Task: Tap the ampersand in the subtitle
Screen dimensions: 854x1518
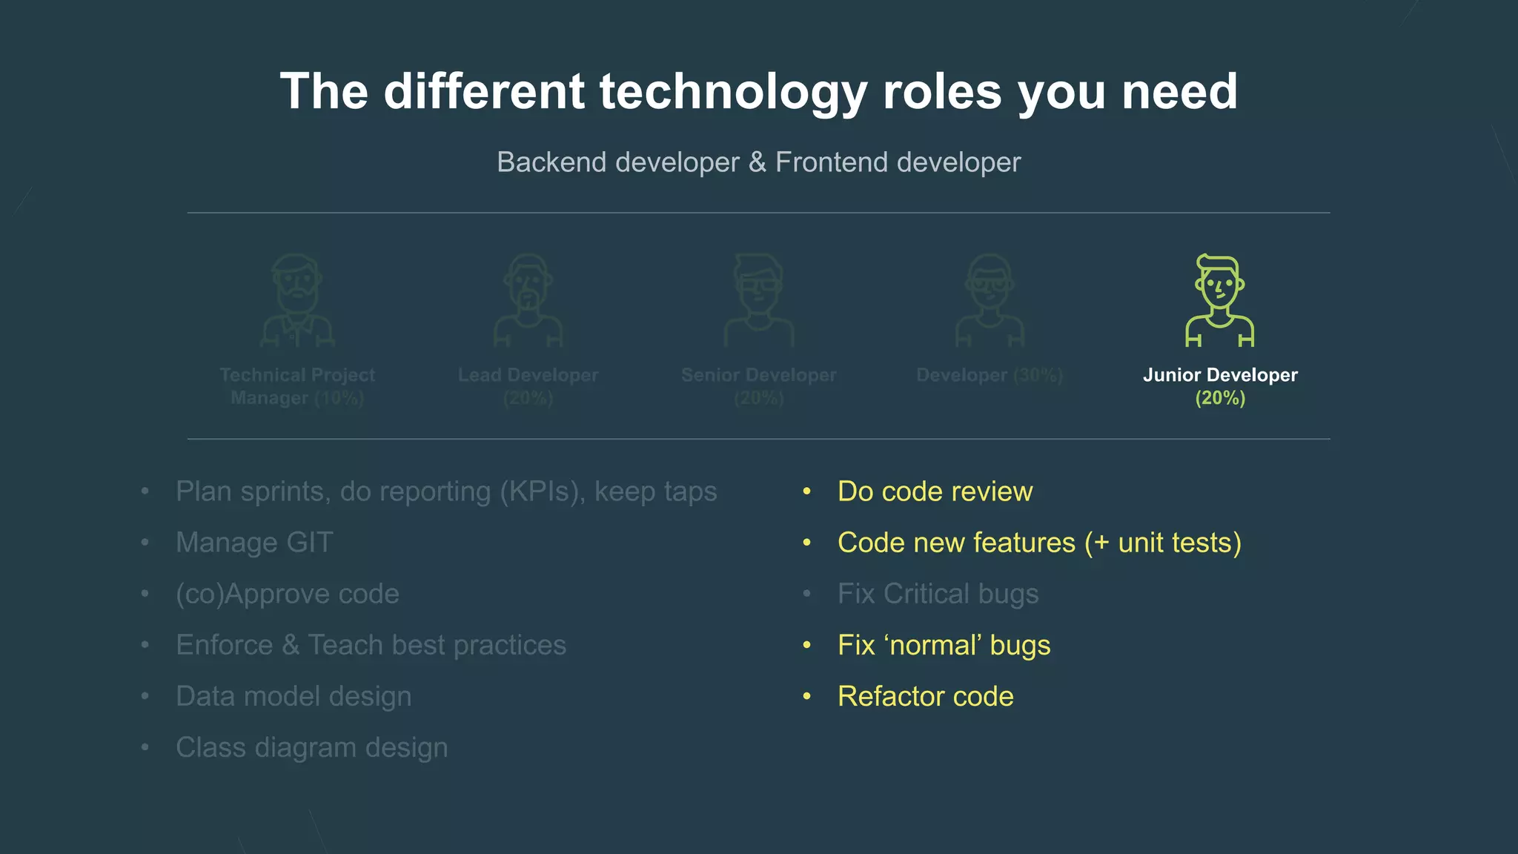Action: point(757,162)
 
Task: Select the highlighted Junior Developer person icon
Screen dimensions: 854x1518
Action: point(1219,300)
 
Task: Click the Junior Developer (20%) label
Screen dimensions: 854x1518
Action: point(1219,385)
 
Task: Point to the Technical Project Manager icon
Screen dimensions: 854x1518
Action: point(297,300)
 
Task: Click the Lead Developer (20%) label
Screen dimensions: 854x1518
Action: point(528,385)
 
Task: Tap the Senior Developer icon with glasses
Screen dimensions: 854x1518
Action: point(758,300)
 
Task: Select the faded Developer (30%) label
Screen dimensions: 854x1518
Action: point(989,375)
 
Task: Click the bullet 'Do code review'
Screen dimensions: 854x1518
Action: point(934,491)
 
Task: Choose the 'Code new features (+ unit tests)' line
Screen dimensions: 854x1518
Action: point(1038,543)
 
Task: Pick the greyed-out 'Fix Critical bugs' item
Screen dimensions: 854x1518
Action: point(938,594)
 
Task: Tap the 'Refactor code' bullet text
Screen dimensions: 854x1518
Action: point(925,696)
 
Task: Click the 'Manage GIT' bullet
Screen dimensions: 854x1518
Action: point(254,543)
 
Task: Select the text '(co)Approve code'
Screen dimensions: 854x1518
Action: point(288,594)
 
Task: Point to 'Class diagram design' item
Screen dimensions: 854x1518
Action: point(311,747)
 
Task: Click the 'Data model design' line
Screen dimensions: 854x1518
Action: point(294,696)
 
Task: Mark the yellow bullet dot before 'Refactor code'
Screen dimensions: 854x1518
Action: point(807,696)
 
